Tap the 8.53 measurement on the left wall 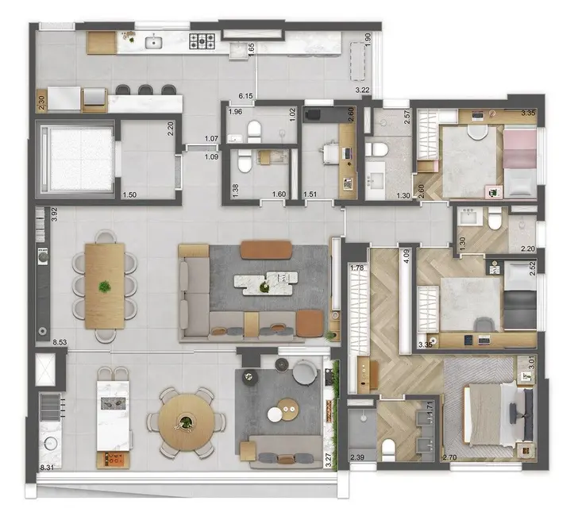tap(60, 342)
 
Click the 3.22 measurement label tap(364, 91)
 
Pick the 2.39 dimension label tap(357, 457)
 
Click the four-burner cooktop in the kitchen tap(204, 40)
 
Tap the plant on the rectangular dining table tap(103, 286)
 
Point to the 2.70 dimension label tap(450, 457)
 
